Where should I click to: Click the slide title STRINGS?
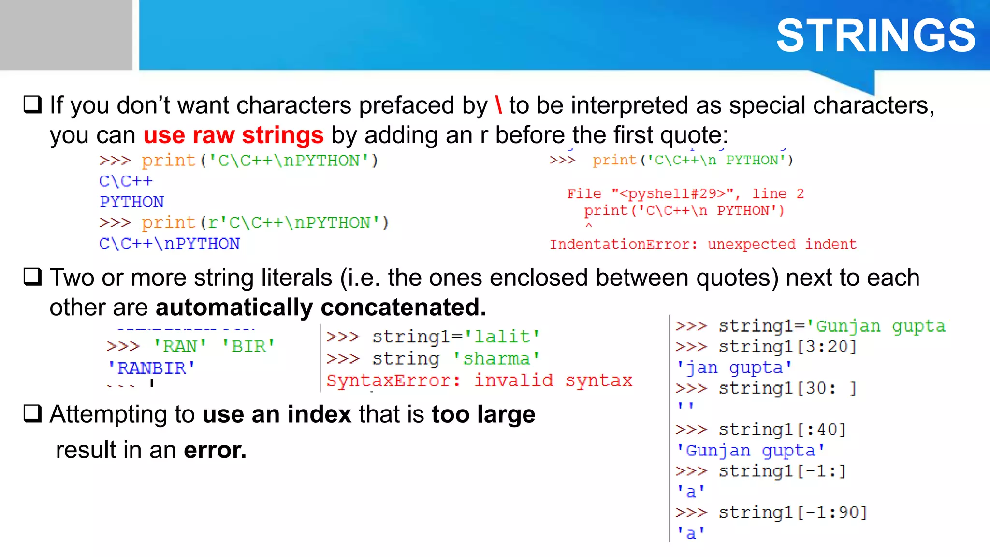point(875,36)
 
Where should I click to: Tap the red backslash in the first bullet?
point(498,105)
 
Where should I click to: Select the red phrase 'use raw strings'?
point(233,135)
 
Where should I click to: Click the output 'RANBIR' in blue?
point(151,368)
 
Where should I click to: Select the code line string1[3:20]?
point(787,347)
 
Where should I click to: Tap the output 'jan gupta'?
point(734,367)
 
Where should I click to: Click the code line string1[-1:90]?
point(793,513)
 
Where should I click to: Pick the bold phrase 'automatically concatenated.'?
point(321,308)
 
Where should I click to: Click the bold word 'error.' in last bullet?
point(215,450)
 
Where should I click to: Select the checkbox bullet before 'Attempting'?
point(33,414)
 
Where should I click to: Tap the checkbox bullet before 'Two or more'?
point(33,277)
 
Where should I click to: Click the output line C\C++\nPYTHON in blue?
point(169,243)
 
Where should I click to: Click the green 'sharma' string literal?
point(496,359)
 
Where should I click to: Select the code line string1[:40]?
point(782,429)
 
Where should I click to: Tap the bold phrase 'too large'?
point(483,414)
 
